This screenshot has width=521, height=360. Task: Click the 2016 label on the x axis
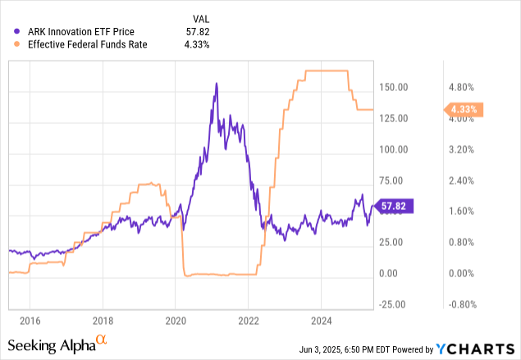coord(30,320)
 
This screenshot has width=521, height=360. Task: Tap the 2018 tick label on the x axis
coord(103,320)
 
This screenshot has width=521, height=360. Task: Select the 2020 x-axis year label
coord(176,320)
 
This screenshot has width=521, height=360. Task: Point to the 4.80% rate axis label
coord(461,87)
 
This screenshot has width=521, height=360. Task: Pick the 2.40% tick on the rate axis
coord(461,180)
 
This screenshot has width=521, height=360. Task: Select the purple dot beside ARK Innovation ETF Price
coord(9,32)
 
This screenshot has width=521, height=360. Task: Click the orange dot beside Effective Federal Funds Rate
coord(9,46)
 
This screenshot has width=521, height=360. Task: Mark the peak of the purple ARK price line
coord(216,83)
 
